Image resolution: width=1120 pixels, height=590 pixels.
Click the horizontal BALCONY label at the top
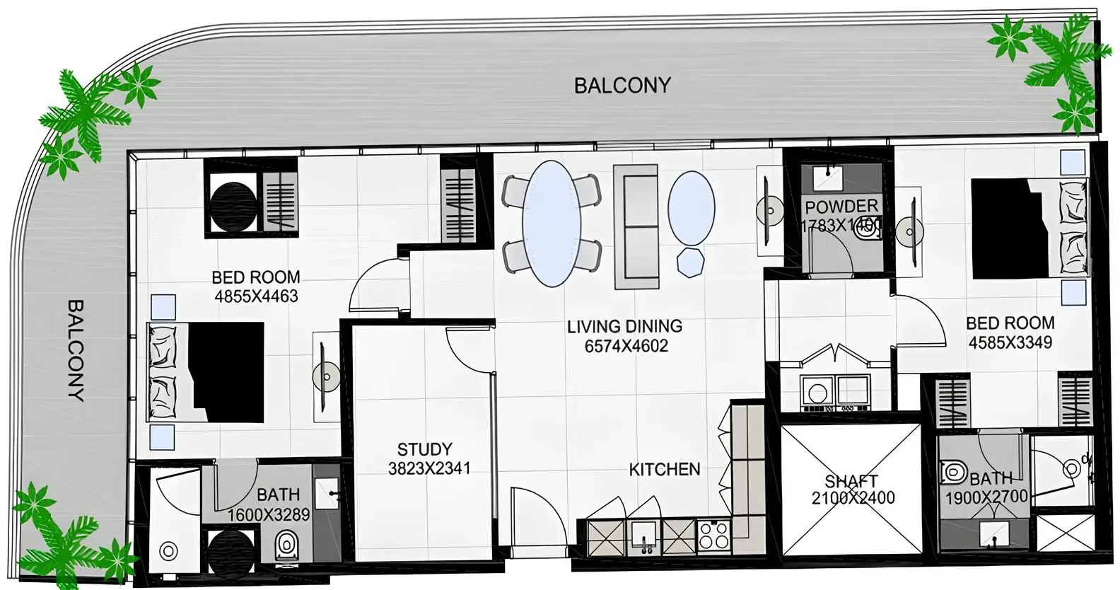pyautogui.click(x=622, y=86)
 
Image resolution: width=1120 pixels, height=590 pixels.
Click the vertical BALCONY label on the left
pyautogui.click(x=76, y=350)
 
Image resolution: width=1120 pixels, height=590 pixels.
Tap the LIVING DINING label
pyautogui.click(x=624, y=326)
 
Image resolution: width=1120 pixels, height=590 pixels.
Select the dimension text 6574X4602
pyautogui.click(x=626, y=346)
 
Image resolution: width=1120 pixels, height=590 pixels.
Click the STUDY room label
pyautogui.click(x=424, y=449)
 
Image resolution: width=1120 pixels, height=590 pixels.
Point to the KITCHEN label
pyautogui.click(x=664, y=469)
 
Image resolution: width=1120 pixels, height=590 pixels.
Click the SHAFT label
pyautogui.click(x=851, y=481)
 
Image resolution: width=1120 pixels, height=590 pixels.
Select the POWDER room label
pyautogui.click(x=841, y=207)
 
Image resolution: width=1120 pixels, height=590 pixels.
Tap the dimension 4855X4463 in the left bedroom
pyautogui.click(x=256, y=296)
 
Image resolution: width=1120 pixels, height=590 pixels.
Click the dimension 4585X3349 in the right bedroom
pyautogui.click(x=1010, y=342)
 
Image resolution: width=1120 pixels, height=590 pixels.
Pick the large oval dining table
pyautogui.click(x=552, y=223)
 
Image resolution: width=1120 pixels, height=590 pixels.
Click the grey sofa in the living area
pyautogui.click(x=636, y=226)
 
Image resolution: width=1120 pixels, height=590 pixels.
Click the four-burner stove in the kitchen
pyautogui.click(x=713, y=535)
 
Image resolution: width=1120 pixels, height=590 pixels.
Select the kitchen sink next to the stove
pyautogui.click(x=644, y=536)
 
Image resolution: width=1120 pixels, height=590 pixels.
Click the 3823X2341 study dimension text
pyautogui.click(x=428, y=468)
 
